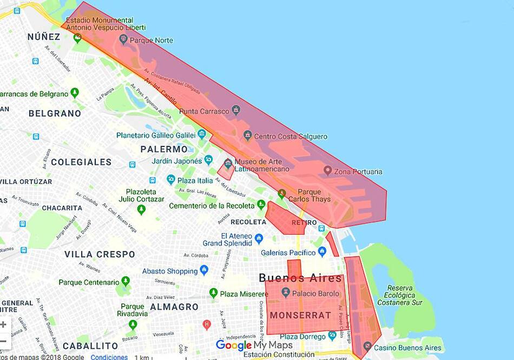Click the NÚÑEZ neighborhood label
tap(44, 37)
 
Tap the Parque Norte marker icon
tap(123, 39)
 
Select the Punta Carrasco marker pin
tap(236, 110)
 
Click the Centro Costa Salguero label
tap(291, 137)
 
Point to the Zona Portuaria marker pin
tap(327, 170)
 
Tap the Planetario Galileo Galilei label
tap(156, 135)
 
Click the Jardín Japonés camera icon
tap(208, 160)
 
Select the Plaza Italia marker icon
tap(171, 179)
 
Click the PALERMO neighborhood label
tap(164, 149)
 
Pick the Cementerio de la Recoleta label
tap(212, 206)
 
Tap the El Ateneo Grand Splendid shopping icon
tap(259, 238)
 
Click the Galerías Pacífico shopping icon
tap(322, 251)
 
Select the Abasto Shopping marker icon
tap(204, 270)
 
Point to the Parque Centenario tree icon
tap(126, 281)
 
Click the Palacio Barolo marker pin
tap(286, 292)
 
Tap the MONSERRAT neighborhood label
tap(300, 315)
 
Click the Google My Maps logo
tap(254, 345)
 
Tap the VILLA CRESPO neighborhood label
tap(100, 254)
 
